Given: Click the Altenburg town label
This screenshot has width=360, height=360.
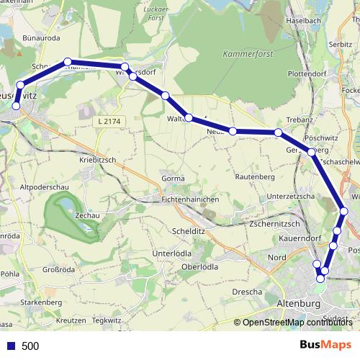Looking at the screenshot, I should click(x=298, y=305).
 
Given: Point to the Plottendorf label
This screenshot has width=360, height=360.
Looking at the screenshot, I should click(x=307, y=73).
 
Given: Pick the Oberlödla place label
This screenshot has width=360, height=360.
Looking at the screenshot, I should click(x=200, y=268).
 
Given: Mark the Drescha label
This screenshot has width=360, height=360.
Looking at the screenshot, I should click(x=247, y=292).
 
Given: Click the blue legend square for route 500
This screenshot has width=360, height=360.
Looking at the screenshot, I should click(x=11, y=346).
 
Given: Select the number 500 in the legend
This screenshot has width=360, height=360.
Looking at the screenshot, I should click(x=30, y=346).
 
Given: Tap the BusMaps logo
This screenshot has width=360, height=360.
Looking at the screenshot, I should click(x=325, y=345).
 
